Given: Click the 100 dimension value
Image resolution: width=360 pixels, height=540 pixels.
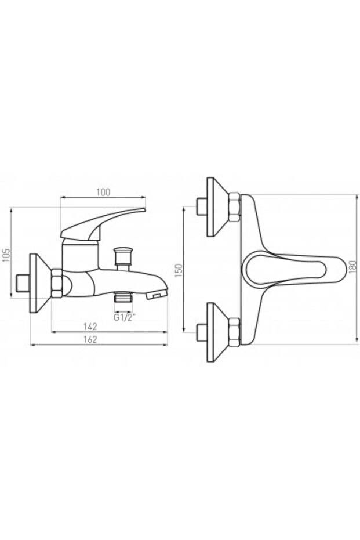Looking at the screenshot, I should [104, 192].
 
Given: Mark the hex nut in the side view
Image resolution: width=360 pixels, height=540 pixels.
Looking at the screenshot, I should [59, 283].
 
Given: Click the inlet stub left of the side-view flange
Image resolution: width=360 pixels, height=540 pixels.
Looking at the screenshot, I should [23, 284].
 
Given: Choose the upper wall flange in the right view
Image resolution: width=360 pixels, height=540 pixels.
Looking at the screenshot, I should [216, 208].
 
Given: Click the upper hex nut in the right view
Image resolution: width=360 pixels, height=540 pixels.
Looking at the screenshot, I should [234, 208].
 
